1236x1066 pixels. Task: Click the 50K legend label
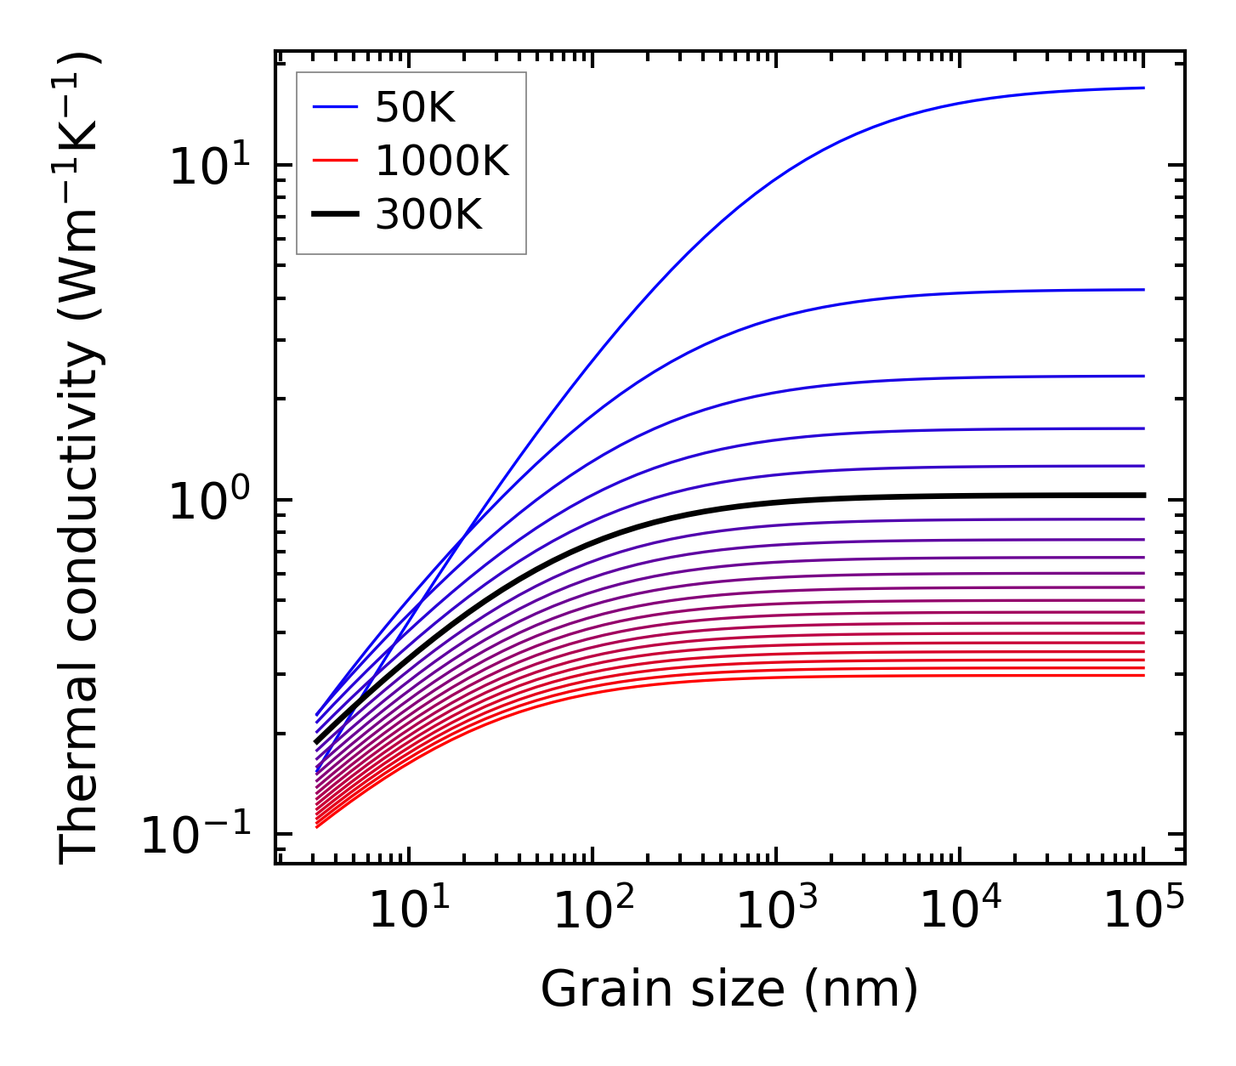tap(415, 107)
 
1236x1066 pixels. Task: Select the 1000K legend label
tap(442, 161)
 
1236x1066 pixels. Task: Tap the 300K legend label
tap(428, 215)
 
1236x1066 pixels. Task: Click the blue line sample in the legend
tap(337, 107)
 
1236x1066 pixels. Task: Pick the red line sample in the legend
tap(337, 161)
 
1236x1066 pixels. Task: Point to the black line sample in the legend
tap(337, 215)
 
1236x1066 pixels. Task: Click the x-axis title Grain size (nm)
tap(729, 989)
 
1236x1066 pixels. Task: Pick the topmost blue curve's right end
tap(1142, 88)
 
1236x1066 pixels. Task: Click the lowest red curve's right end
tap(1142, 675)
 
